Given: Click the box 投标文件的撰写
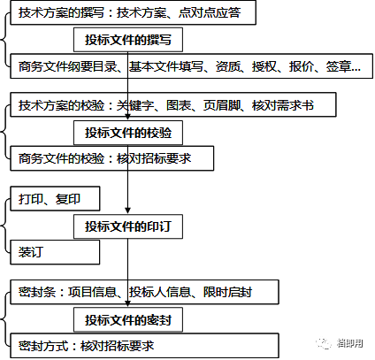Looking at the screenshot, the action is point(128,40).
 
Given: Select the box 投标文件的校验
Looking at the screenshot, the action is point(128,133).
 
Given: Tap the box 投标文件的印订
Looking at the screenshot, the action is point(128,226).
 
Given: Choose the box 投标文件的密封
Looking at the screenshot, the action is point(128,320).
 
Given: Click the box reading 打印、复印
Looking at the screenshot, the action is point(55,198).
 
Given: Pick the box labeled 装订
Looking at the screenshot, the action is point(55,252).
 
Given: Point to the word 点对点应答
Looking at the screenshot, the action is point(210,12).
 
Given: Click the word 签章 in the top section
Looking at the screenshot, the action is point(338,66).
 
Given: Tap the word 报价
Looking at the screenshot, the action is point(301,66).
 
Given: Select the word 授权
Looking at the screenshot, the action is point(264,66).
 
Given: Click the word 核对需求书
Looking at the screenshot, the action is point(283,105).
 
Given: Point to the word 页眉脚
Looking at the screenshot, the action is point(221,105).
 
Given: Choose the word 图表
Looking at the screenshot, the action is point(179,105).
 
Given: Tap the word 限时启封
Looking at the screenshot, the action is point(227,292).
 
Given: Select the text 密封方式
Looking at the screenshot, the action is point(43,346).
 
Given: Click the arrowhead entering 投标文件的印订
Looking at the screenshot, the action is point(127,211).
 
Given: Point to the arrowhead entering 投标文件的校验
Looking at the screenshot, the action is point(127,117).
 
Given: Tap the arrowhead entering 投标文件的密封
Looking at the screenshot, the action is point(127,304).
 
